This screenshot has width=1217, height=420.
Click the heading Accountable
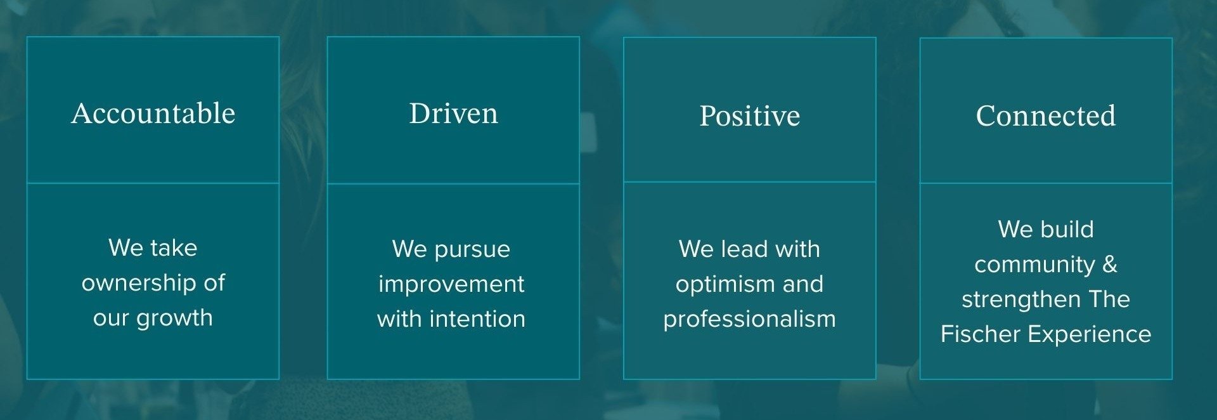click(x=153, y=114)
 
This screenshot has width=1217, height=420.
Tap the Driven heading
click(x=453, y=114)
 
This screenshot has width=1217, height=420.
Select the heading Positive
click(x=749, y=116)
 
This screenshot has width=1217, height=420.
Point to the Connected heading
click(x=1045, y=116)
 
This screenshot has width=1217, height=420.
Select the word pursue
click(x=472, y=250)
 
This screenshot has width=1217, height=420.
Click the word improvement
click(x=451, y=284)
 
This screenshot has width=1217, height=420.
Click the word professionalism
click(x=749, y=319)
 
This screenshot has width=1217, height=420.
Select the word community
click(x=1034, y=265)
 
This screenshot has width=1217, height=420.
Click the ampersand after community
click(x=1110, y=264)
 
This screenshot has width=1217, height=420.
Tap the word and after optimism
click(x=802, y=284)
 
